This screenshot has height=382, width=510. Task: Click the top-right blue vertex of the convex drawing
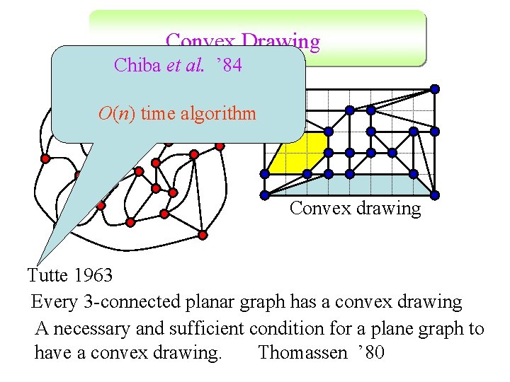[435, 89]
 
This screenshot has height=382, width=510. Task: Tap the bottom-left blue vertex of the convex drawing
[264, 195]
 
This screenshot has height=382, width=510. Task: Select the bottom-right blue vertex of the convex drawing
[435, 195]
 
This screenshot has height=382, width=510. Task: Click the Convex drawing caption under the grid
[355, 209]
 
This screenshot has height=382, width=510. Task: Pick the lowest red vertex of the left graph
[203, 234]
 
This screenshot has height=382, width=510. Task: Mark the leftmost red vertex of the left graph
[45, 158]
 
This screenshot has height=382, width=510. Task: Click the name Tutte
[47, 274]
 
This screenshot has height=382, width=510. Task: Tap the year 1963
[92, 274]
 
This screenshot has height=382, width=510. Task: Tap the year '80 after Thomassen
[370, 352]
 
